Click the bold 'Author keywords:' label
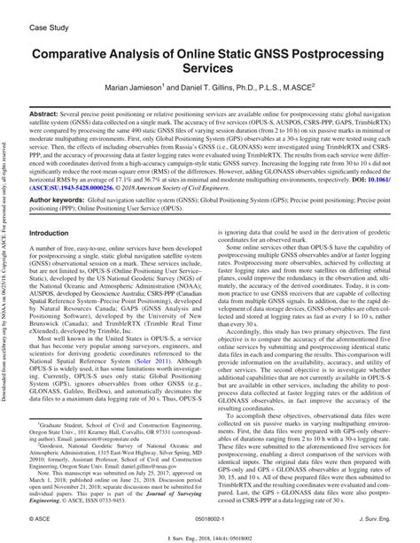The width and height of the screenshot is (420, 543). click(x=58, y=201)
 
